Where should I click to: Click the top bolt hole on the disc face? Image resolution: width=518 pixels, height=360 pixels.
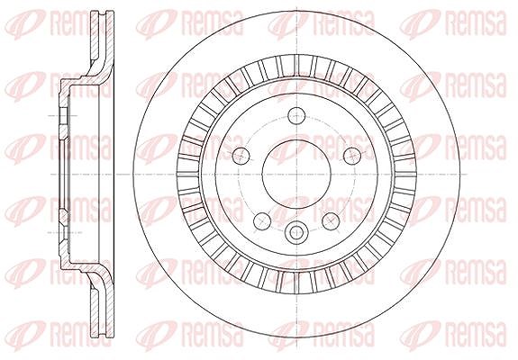[296, 115]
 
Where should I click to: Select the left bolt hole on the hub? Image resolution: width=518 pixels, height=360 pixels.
[241, 155]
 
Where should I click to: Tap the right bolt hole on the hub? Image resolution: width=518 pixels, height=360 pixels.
[352, 155]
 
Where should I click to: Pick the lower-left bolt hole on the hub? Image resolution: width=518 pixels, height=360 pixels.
[262, 220]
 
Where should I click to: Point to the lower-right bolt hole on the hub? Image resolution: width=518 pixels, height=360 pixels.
[331, 220]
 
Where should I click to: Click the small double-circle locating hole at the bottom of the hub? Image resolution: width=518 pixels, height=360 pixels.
[296, 233]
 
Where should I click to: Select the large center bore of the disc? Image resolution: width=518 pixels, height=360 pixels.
[296, 174]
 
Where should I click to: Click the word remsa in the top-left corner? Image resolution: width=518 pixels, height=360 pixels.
[81, 22]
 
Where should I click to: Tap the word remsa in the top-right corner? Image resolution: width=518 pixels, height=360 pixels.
[475, 22]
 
